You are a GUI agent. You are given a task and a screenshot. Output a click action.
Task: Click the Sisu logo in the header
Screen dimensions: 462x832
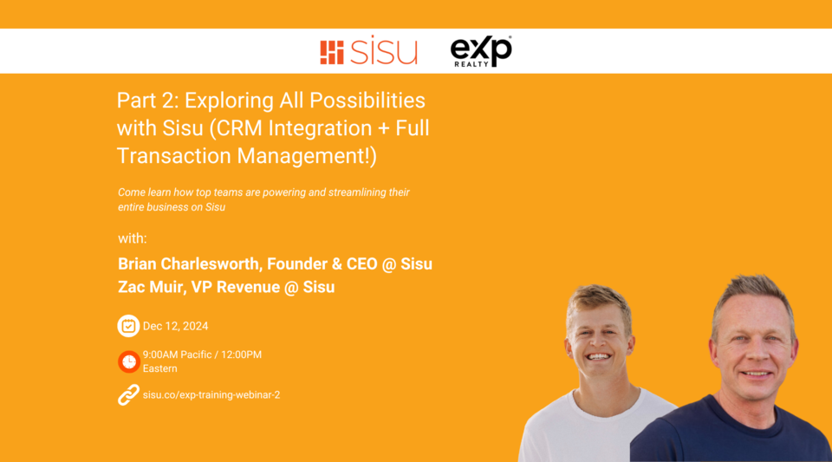click(x=368, y=51)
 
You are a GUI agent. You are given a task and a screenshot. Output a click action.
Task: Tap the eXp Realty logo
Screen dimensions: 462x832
click(x=481, y=51)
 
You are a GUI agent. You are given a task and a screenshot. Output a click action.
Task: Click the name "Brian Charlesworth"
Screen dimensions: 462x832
click(x=190, y=264)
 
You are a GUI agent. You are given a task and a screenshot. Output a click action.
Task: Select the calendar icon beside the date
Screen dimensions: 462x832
click(x=128, y=326)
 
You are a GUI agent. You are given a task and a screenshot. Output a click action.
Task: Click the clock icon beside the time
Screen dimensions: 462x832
click(x=128, y=361)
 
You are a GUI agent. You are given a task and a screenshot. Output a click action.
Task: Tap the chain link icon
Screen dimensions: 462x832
click(x=128, y=395)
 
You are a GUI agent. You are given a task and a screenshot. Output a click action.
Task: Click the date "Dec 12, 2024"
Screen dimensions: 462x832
click(x=175, y=326)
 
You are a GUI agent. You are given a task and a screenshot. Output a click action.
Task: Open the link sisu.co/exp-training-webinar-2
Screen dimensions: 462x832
click(x=211, y=395)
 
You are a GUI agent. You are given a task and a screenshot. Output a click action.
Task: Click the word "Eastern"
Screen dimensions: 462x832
click(x=160, y=368)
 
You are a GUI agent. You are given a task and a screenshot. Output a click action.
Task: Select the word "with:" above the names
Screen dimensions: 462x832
click(x=133, y=238)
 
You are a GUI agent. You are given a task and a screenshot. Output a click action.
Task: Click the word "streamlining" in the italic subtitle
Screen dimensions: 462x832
click(x=357, y=192)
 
